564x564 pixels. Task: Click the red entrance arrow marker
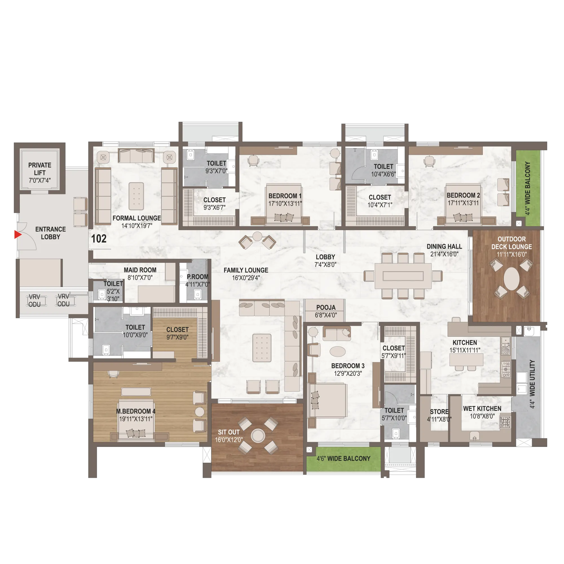18,234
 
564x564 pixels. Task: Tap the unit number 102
99,239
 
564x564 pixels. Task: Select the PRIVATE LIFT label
40,169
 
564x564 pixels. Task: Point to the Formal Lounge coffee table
136,196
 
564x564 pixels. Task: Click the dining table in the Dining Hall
403,276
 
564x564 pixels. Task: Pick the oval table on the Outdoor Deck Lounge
512,279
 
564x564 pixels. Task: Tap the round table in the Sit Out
258,436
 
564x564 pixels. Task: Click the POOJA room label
326,307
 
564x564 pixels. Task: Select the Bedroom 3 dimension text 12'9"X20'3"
348,373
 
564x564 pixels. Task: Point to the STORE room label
439,412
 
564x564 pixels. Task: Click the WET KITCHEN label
482,409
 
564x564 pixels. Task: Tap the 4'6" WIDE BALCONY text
343,459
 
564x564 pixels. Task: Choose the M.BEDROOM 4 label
136,411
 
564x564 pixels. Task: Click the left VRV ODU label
34,300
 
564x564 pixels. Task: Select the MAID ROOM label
140,270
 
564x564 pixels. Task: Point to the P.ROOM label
198,277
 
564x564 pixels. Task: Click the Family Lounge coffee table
262,348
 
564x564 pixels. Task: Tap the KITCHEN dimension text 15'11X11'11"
465,350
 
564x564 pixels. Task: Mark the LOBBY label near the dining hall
325,257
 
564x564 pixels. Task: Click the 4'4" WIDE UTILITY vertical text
532,384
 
